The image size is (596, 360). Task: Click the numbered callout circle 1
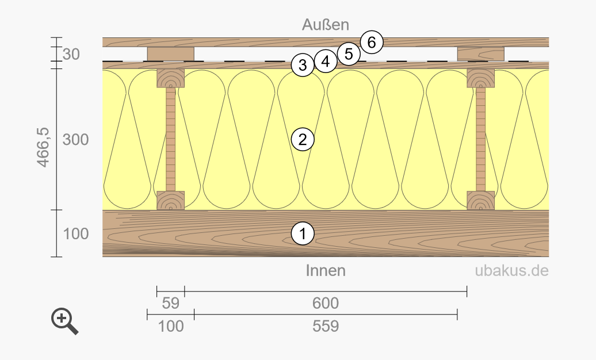click(x=303, y=233)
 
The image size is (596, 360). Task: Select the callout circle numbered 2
click(x=303, y=140)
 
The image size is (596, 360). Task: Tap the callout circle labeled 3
click(x=303, y=65)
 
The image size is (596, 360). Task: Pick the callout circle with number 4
click(x=326, y=61)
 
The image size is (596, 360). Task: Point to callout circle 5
click(x=349, y=54)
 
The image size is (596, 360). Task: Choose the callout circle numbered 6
click(x=372, y=42)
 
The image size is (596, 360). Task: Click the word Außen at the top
click(x=326, y=25)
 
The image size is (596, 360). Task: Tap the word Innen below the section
click(x=326, y=271)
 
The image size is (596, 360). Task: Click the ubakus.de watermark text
click(x=511, y=271)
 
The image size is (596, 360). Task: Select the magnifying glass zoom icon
click(x=64, y=321)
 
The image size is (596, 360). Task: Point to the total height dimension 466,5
click(x=43, y=147)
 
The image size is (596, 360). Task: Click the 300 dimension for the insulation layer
click(x=75, y=140)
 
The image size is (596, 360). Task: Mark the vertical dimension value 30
click(x=71, y=55)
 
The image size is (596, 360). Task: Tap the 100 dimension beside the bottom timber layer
click(x=75, y=234)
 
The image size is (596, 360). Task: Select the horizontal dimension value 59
click(x=170, y=303)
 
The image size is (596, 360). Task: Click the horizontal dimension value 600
click(x=326, y=303)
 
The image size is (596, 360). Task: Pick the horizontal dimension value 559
click(x=326, y=326)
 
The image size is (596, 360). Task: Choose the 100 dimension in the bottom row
click(x=170, y=326)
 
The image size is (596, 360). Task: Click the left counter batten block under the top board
click(x=171, y=54)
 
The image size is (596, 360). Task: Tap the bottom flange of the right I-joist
click(x=480, y=200)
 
